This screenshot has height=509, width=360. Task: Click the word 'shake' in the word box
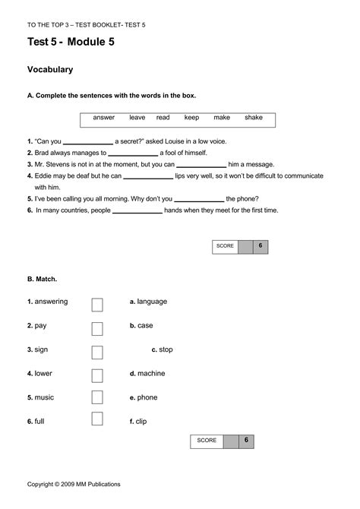tap(253, 118)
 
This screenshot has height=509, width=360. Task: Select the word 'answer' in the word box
tap(104, 118)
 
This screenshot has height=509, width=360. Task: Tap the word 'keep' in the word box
tap(191, 118)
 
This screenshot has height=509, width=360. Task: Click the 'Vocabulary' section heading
tap(50, 70)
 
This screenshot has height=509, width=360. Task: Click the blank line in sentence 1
tap(87, 142)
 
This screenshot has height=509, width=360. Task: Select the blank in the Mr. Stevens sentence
tap(201, 165)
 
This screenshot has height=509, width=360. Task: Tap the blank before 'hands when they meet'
tap(137, 210)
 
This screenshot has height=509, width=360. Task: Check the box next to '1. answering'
tap(97, 305)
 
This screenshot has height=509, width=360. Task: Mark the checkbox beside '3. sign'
tap(97, 353)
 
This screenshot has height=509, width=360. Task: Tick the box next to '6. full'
tap(97, 419)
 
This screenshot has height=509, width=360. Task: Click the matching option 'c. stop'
tap(162, 349)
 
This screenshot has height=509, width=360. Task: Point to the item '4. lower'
tap(39, 374)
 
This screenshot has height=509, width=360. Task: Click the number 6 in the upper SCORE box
tap(261, 245)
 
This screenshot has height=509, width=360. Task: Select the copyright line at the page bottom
tap(74, 484)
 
